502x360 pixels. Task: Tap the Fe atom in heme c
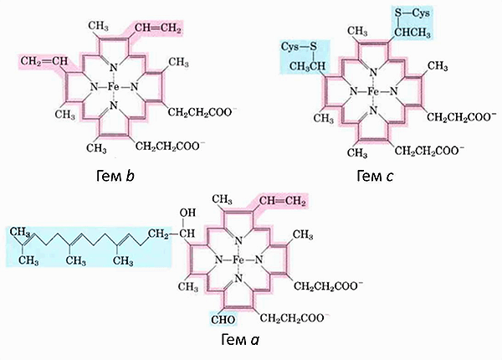(372, 90)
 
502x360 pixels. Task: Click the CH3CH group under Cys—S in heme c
(307, 66)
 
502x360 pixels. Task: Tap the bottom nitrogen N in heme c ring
(372, 109)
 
